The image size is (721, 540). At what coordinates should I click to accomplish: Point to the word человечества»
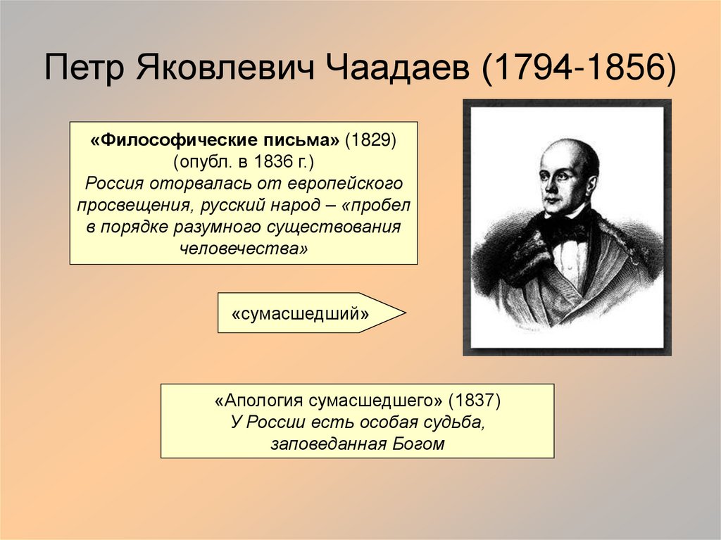coord(244,249)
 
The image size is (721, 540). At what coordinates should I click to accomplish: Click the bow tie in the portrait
coord(568,227)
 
